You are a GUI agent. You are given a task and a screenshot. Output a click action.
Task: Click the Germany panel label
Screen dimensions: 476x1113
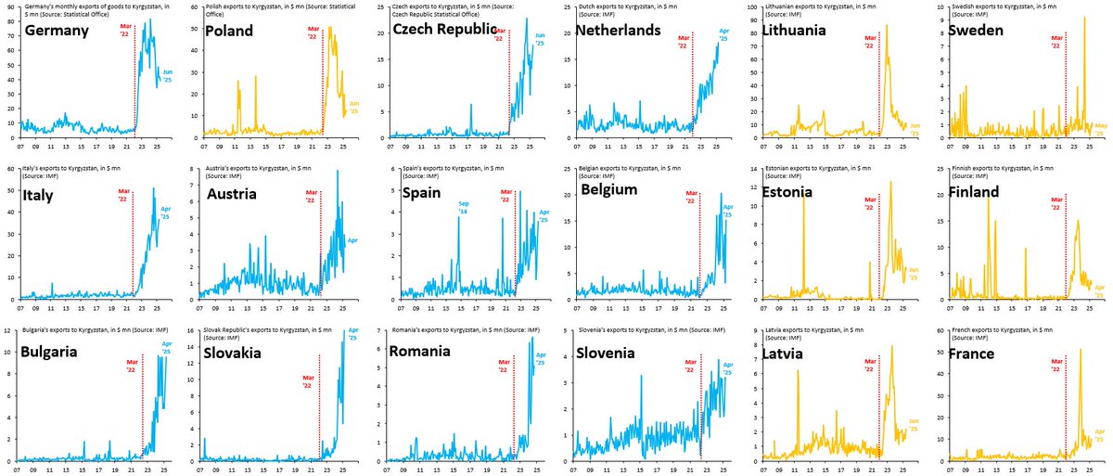58,31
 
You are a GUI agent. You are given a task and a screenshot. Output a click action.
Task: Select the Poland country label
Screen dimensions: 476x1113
237,31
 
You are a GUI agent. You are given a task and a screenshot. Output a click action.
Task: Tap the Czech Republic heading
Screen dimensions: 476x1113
447,31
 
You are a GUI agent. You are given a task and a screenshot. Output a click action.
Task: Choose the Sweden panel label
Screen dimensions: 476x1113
979,31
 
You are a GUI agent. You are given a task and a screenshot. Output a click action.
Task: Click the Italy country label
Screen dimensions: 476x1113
42,192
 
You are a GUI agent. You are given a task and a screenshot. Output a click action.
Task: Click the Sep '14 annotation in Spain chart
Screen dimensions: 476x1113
461,208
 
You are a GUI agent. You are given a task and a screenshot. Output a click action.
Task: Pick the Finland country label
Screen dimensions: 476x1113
980,192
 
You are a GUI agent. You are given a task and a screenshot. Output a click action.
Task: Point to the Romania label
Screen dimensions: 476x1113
419,353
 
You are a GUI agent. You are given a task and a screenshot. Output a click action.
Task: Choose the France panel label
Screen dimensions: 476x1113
978,354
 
